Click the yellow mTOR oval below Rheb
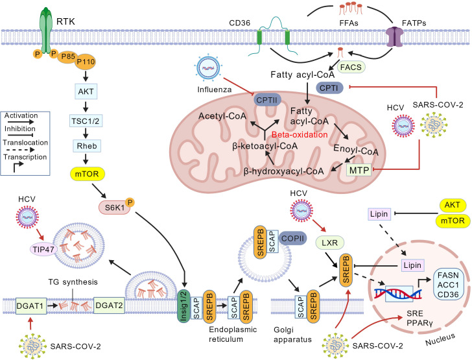coord(88,174)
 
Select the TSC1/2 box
coord(86,121)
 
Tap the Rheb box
coord(87,146)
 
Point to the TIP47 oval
coord(43,250)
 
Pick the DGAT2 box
coord(109,306)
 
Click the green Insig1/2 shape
coord(184,306)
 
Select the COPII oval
coord(292,238)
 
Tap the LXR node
coord(329,243)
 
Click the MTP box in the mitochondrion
coord(359,171)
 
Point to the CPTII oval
coord(267,100)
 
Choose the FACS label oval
coord(351,67)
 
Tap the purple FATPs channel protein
coord(394,37)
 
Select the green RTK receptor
coord(46,31)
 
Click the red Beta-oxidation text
coord(300,135)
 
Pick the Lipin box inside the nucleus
coord(412,265)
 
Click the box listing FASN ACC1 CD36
coord(448,285)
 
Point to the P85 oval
coord(68,56)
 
